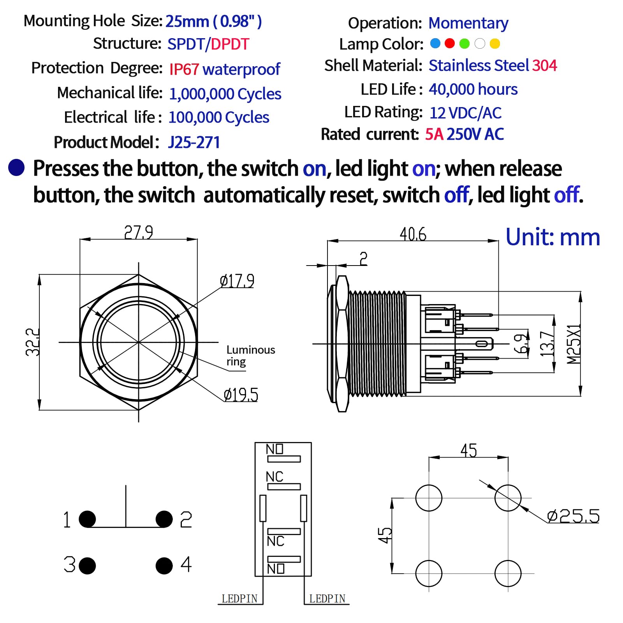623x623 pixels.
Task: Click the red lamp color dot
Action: click(x=449, y=43)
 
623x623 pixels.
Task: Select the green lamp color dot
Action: click(x=465, y=44)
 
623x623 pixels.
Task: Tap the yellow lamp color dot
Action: click(x=495, y=44)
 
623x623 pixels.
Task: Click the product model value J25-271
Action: click(x=194, y=143)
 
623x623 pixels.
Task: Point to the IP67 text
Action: click(x=184, y=69)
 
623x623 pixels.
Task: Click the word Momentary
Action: click(x=468, y=23)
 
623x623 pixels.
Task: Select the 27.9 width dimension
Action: click(x=138, y=232)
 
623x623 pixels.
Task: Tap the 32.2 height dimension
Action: click(x=33, y=342)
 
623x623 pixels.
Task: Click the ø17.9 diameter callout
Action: click(x=237, y=281)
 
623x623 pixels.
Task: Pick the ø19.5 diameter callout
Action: click(x=241, y=395)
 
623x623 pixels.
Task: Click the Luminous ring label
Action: click(x=250, y=355)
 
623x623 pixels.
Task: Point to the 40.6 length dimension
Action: click(x=413, y=234)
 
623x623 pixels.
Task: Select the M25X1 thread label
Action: click(x=573, y=344)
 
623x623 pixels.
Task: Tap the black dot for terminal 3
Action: click(x=87, y=565)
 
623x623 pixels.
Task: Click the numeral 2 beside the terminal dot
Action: click(x=186, y=519)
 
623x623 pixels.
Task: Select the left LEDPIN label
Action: click(x=239, y=598)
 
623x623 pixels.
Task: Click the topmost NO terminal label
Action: click(x=275, y=449)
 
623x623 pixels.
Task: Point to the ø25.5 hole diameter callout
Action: click(x=573, y=516)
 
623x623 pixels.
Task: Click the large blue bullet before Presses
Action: click(x=16, y=168)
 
